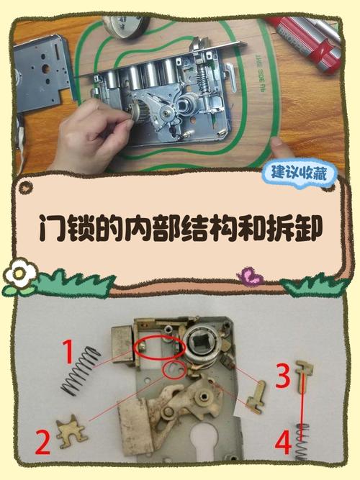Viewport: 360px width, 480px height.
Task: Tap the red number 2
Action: point(43,442)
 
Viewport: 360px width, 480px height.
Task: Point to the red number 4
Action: point(283,442)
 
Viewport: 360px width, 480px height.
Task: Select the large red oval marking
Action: point(159,348)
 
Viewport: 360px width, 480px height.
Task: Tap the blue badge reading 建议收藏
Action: point(302,173)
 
